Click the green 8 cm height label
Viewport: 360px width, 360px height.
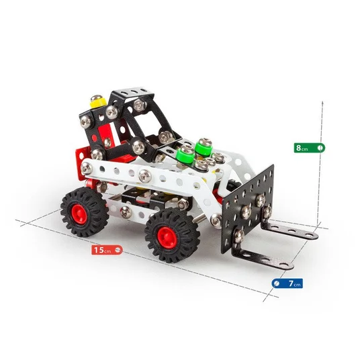point(310,148)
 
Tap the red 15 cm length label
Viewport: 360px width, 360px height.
point(107,250)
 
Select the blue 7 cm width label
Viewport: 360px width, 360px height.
point(287,283)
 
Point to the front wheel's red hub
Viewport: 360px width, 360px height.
point(167,236)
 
